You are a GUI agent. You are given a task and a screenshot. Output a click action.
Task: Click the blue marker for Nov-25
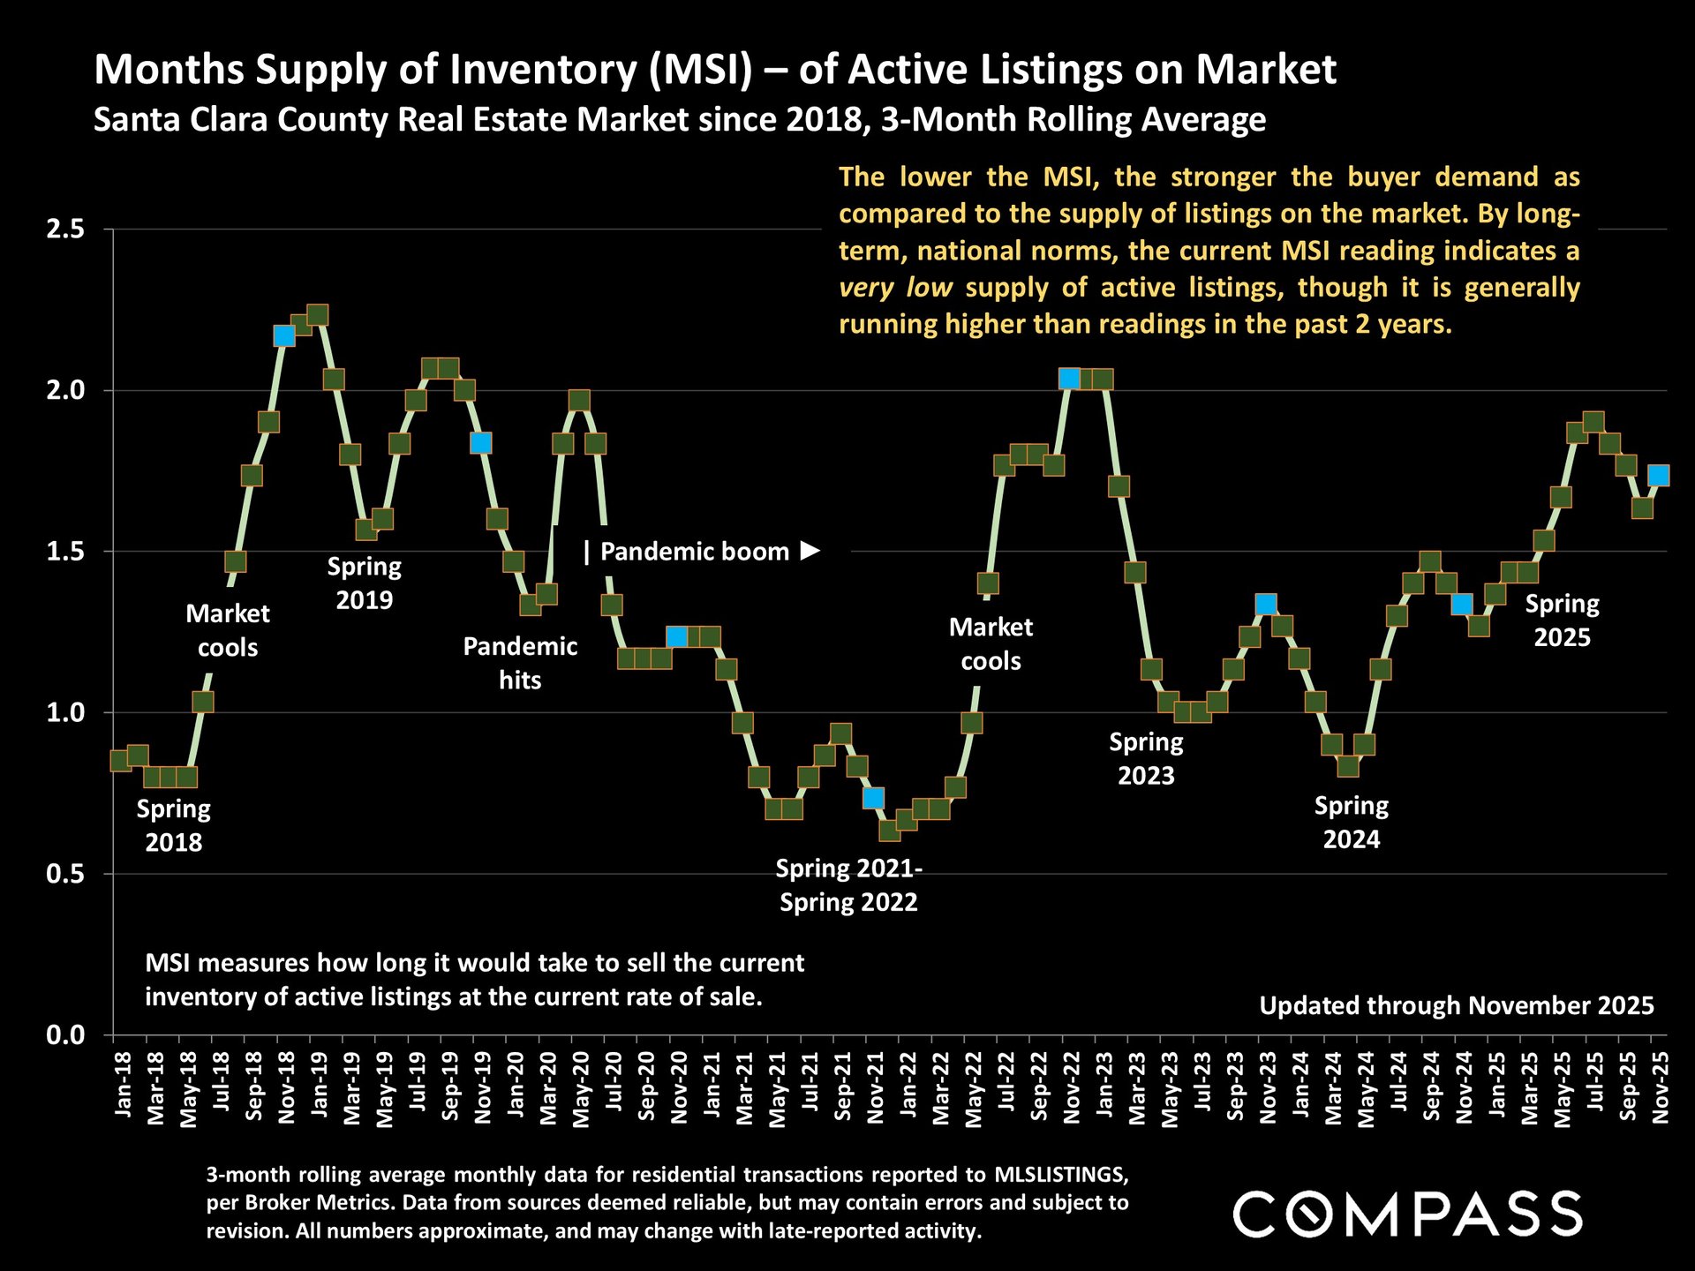point(1659,476)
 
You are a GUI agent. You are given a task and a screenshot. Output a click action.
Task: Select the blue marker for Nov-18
point(284,336)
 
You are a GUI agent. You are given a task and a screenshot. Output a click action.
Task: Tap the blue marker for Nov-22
point(1069,379)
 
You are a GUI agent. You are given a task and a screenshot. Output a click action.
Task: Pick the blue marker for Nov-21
point(874,798)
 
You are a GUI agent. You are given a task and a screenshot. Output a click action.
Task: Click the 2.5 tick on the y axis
point(64,229)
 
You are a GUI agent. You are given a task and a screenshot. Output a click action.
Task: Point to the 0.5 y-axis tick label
point(64,874)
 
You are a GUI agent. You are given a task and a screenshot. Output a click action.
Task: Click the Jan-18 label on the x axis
point(123,1085)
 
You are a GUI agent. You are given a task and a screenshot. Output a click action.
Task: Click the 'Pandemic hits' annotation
point(520,663)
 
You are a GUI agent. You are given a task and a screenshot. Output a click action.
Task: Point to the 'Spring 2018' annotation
point(174,825)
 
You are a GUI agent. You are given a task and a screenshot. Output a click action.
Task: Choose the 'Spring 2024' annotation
point(1351,822)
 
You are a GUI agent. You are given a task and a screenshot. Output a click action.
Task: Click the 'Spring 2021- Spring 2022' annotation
point(848,885)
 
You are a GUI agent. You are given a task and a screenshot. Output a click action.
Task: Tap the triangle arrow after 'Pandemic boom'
point(810,551)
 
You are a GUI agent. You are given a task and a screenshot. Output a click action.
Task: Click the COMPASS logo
point(1407,1214)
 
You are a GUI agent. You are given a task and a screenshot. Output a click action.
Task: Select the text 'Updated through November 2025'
point(1456,1005)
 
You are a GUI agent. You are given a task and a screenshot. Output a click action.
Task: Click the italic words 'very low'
point(895,288)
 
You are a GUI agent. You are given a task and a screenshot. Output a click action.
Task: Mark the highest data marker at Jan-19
point(317,315)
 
